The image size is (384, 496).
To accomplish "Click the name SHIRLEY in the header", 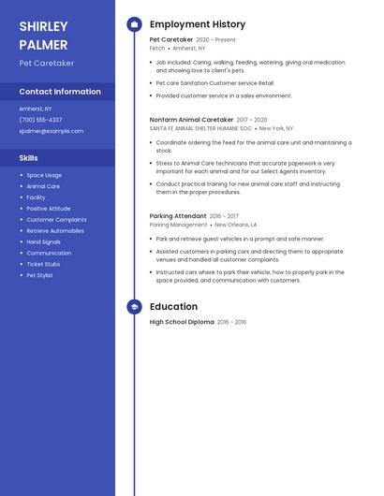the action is [43, 26].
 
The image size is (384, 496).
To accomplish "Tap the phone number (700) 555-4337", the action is [40, 120].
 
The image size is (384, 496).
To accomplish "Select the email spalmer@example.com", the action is [52, 131].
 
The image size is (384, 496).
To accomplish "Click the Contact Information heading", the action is [60, 92].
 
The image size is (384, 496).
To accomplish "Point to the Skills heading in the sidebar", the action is [29, 158].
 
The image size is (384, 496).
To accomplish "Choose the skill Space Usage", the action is [44, 175].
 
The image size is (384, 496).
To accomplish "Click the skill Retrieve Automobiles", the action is [55, 230].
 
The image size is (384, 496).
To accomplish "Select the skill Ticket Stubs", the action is [43, 264].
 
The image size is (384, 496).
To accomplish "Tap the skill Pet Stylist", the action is [39, 275].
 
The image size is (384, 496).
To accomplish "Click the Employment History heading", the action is [198, 24].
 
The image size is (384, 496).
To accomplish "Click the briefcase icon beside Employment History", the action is [134, 24].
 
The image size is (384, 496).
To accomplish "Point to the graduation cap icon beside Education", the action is [134, 307].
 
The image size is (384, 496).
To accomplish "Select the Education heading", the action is [173, 307].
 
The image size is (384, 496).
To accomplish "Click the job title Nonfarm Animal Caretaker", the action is [191, 120].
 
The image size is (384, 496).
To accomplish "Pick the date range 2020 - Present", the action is [216, 40].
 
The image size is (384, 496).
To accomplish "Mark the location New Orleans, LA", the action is [236, 225].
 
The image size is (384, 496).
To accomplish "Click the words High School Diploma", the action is [182, 322].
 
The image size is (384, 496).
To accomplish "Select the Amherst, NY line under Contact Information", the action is [36, 109].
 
